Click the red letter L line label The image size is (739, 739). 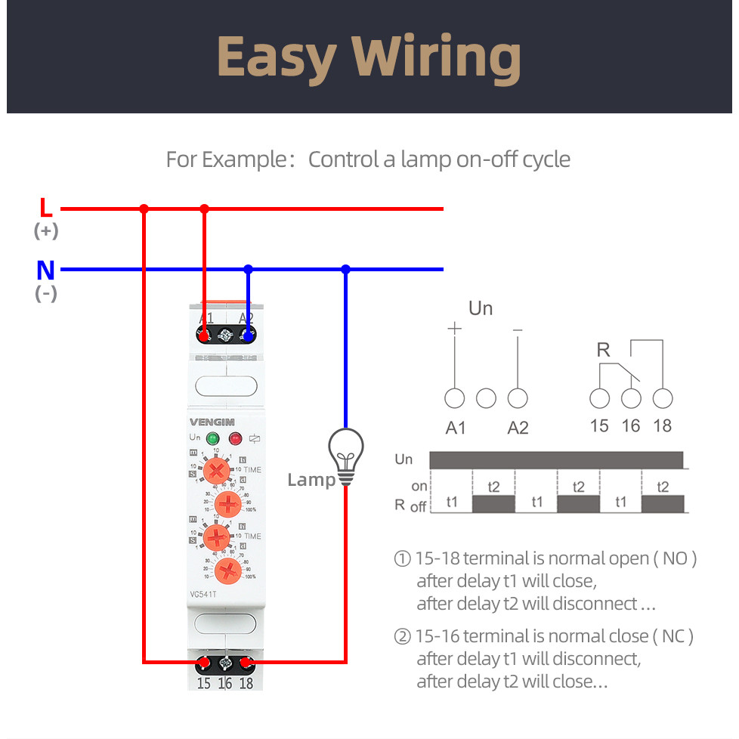[46, 208]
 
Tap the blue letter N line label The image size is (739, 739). [46, 270]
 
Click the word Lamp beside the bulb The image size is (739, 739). [310, 480]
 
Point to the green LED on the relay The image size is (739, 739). [212, 438]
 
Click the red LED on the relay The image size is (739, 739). [235, 438]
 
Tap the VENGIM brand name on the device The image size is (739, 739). [212, 422]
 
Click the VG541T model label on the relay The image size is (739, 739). [204, 593]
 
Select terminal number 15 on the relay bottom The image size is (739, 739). [203, 683]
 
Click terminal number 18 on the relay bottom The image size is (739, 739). [246, 683]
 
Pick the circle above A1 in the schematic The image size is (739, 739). [455, 398]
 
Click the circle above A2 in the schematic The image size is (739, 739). [518, 398]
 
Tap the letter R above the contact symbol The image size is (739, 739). [603, 350]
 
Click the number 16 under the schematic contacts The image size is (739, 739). [631, 426]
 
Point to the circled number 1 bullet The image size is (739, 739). [402, 559]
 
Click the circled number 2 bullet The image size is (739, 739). [402, 636]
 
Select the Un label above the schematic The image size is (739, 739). [481, 308]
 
